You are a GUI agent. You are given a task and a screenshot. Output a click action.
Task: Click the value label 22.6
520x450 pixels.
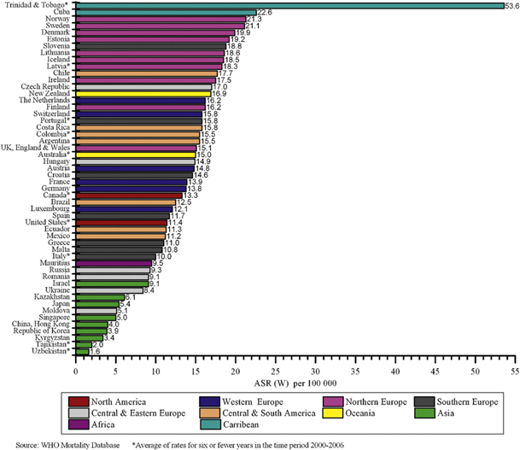pos(264,13)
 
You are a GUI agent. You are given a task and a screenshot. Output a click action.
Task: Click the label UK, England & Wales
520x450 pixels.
pos(38,146)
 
